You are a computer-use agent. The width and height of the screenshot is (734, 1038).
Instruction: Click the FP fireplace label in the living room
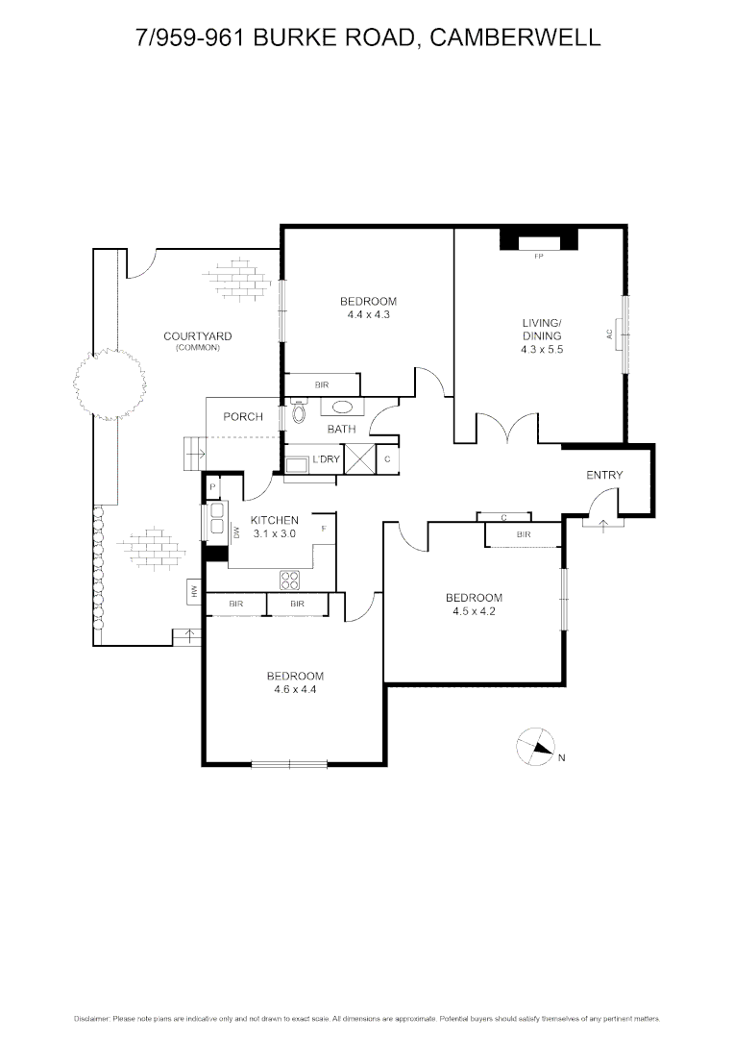538,256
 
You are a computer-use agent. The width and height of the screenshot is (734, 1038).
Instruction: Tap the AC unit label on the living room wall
609,334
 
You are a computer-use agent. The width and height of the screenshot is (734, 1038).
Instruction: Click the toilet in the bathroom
297,413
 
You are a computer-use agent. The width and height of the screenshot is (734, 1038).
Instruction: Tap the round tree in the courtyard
109,383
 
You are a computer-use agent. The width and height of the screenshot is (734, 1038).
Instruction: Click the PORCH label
243,416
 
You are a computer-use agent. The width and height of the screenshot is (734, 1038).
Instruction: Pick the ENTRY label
604,475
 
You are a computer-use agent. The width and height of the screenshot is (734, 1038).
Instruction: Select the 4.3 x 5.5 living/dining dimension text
542,350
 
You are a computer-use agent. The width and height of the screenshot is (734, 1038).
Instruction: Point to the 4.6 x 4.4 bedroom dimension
295,688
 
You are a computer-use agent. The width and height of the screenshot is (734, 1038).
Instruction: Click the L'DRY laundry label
326,459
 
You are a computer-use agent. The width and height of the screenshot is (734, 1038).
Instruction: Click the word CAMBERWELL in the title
515,37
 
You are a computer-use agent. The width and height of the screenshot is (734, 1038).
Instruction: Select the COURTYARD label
197,336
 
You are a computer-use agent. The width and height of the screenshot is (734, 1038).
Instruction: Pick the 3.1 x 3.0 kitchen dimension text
274,532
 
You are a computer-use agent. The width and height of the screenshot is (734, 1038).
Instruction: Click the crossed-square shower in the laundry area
359,459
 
